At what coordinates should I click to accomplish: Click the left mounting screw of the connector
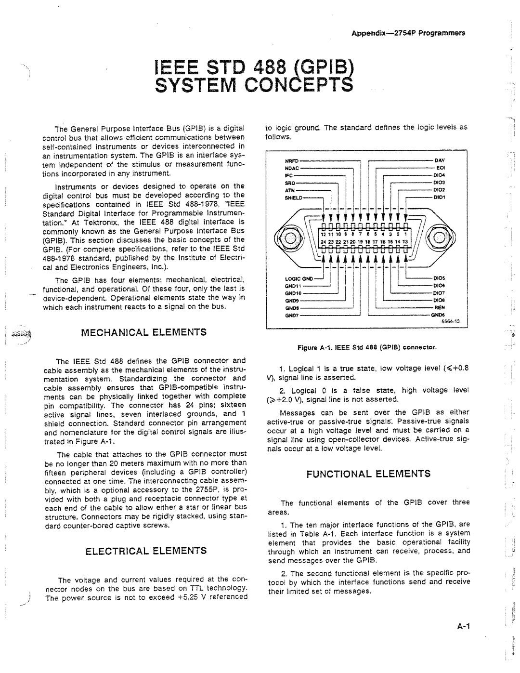pos(291,238)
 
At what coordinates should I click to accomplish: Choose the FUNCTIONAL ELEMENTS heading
pos(369,474)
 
